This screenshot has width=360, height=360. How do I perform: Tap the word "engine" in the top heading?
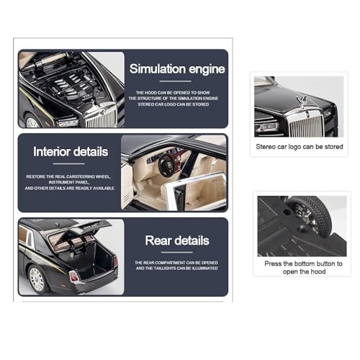pos(207,69)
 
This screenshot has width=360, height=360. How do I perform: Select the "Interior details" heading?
pos(71,152)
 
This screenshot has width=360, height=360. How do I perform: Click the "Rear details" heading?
pos(177,240)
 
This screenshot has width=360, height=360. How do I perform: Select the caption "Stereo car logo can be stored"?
pos(300,147)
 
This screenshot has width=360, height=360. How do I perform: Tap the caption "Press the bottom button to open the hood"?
pos(304,267)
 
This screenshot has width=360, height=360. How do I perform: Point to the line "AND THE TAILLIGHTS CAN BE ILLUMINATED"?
pos(177,268)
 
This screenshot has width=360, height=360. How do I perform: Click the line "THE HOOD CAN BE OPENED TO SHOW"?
pos(177,93)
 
